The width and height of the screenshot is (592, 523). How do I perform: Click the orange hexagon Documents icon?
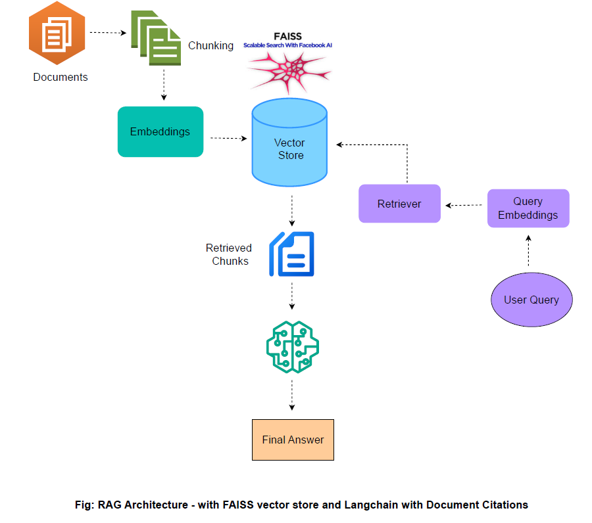pyautogui.click(x=57, y=34)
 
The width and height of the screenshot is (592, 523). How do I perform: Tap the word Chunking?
pyautogui.click(x=210, y=45)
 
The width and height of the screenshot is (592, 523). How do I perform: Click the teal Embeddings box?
pyautogui.click(x=160, y=131)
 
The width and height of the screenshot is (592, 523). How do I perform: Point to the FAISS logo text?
pyautogui.click(x=287, y=35)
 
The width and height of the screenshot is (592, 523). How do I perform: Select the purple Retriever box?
pyautogui.click(x=399, y=204)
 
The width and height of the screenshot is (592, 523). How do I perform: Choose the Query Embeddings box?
pyautogui.click(x=528, y=208)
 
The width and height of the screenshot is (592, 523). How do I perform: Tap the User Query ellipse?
pyautogui.click(x=531, y=300)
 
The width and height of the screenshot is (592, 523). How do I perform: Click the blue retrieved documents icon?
pyautogui.click(x=292, y=254)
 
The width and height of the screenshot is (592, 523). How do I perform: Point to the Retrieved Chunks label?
pyautogui.click(x=229, y=254)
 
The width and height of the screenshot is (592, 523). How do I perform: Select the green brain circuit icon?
pyautogui.click(x=292, y=347)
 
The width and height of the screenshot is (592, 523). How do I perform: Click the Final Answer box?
pyautogui.click(x=293, y=440)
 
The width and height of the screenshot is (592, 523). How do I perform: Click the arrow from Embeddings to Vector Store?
pyautogui.click(x=228, y=138)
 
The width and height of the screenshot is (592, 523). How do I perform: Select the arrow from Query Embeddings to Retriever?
pyautogui.click(x=464, y=205)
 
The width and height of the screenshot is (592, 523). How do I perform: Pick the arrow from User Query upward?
pyautogui.click(x=528, y=251)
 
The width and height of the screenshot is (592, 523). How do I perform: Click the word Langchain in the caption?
pyautogui.click(x=359, y=505)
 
